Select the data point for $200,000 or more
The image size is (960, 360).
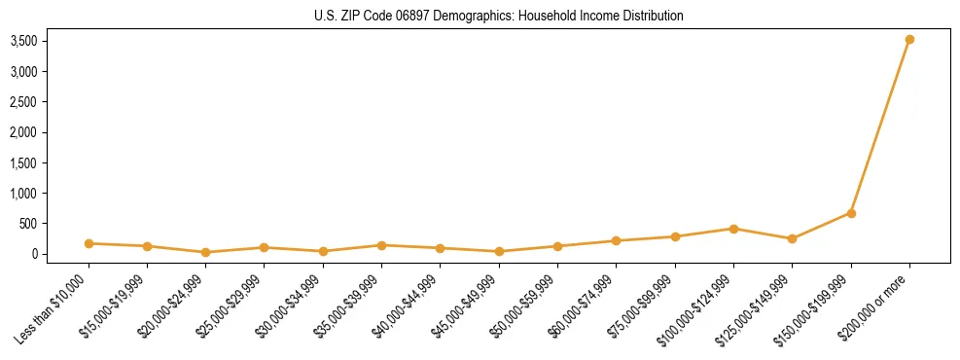(909, 40)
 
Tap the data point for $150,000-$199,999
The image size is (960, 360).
(851, 213)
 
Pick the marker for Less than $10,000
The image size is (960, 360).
(89, 243)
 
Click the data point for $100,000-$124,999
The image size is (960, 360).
(733, 229)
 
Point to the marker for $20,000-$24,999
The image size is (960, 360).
(205, 252)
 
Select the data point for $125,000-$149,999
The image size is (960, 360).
(792, 238)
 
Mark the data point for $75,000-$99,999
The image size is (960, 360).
(675, 236)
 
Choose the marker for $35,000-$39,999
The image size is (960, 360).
(381, 245)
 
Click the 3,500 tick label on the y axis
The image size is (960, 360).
(23, 41)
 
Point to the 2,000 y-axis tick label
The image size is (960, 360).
(23, 132)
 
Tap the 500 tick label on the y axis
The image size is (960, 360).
(28, 224)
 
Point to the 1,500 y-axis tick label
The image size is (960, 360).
(23, 162)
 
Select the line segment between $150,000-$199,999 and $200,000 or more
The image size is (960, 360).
(880, 126)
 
